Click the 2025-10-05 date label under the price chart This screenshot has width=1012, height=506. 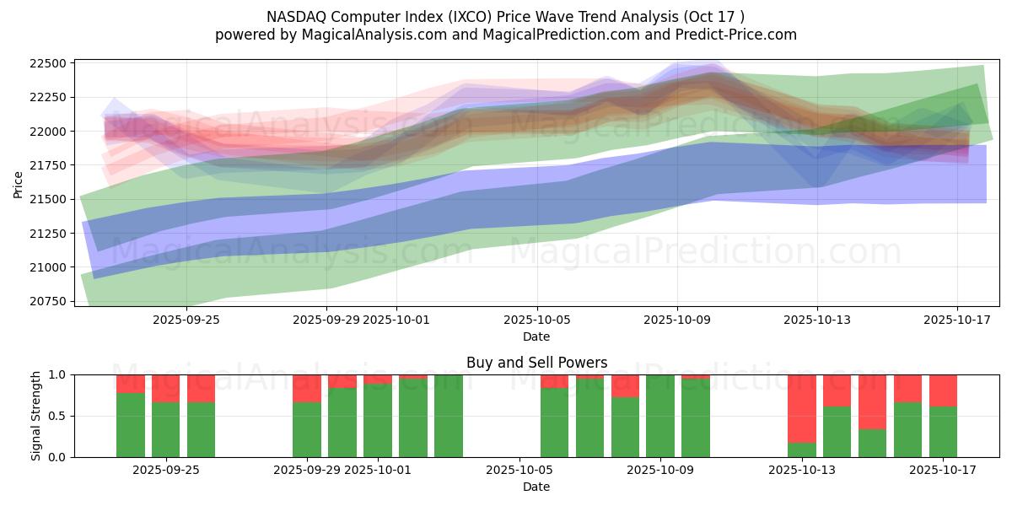[x=536, y=320]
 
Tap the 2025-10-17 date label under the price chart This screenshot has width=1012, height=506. [x=956, y=320]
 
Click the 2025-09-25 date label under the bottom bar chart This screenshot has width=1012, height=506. [x=165, y=470]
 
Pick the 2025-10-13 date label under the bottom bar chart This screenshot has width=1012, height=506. [x=816, y=470]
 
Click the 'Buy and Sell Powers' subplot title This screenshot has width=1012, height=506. [x=536, y=363]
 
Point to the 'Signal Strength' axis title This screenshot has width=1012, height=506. [x=35, y=416]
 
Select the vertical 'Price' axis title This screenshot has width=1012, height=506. [x=19, y=183]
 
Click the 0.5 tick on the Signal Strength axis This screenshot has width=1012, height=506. [x=57, y=416]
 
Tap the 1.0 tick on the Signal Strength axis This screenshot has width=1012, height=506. [x=57, y=374]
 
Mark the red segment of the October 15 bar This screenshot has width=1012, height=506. [x=872, y=401]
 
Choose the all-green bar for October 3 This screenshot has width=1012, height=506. [x=449, y=416]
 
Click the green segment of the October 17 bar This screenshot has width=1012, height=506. [x=943, y=432]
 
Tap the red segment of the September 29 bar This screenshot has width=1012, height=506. [x=307, y=388]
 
